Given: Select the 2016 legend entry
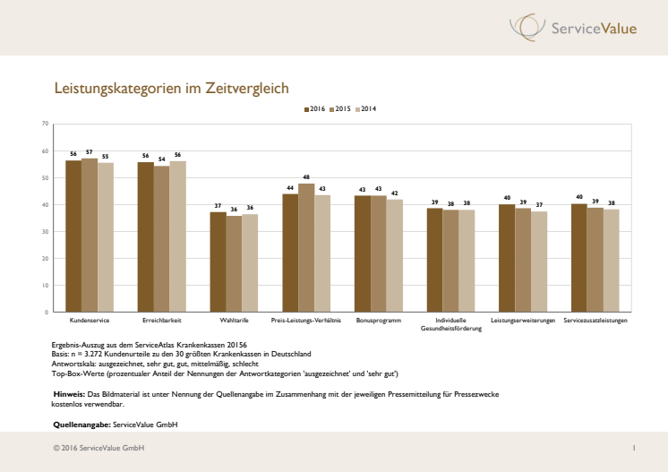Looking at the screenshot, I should pyautogui.click(x=315, y=109).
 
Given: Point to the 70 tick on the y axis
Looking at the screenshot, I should pyautogui.click(x=46, y=124).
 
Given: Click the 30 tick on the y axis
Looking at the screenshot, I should pyautogui.click(x=46, y=231).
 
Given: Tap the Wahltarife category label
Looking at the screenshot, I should pyautogui.click(x=234, y=320).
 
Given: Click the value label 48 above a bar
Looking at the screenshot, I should pyautogui.click(x=306, y=177).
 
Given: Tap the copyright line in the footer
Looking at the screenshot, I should pyautogui.click(x=98, y=448).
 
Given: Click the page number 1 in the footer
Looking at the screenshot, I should pyautogui.click(x=633, y=448).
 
